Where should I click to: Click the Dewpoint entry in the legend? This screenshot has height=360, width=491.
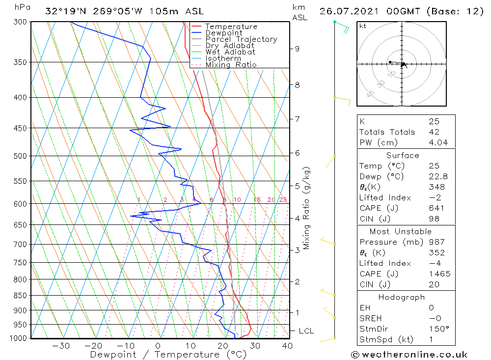pyautogui.click(x=223, y=33)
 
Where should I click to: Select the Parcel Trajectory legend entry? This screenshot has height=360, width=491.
pyautogui.click(x=241, y=39)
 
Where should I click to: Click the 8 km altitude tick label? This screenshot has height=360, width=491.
pyautogui.click(x=297, y=84)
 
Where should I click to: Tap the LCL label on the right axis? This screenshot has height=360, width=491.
pyautogui.click(x=306, y=331)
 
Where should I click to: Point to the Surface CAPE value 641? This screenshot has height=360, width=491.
pyautogui.click(x=434, y=208)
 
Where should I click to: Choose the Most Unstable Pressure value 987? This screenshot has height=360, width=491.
pyautogui.click(x=436, y=242)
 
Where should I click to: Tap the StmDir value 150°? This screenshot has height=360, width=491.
pyautogui.click(x=436, y=329)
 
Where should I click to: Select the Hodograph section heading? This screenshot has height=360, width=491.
pyautogui.click(x=402, y=297)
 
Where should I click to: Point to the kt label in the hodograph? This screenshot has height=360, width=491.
pyautogui.click(x=363, y=26)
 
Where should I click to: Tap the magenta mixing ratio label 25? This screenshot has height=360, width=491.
pyautogui.click(x=283, y=199)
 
